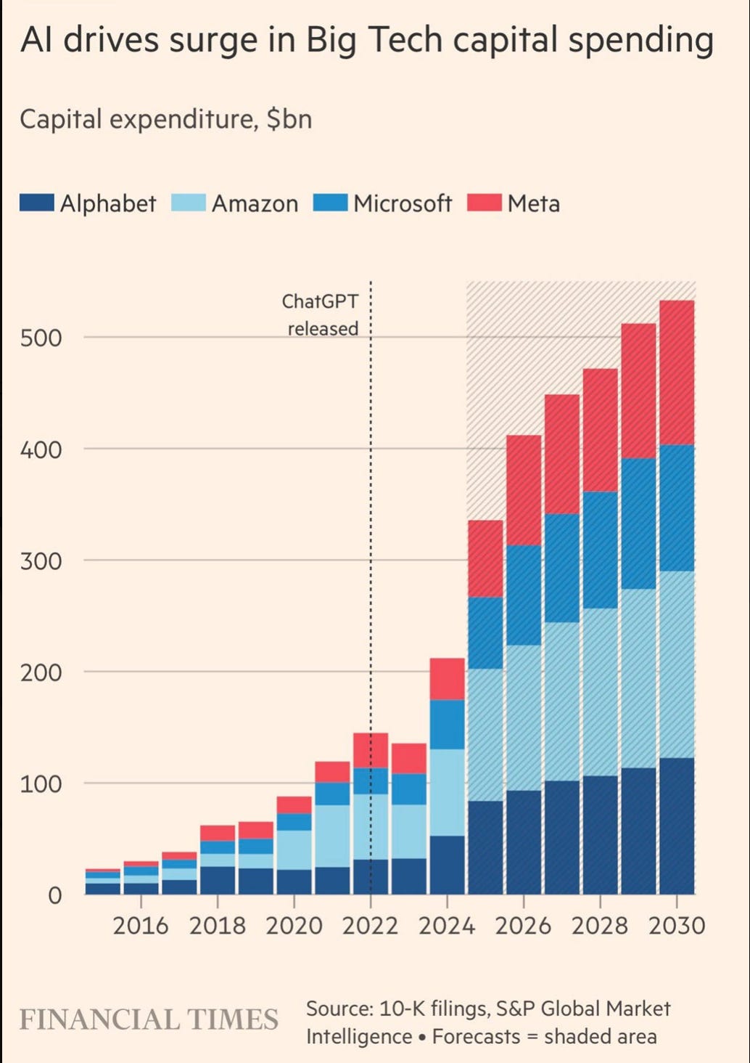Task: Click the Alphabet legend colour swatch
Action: coord(37,203)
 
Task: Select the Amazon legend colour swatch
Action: coord(189,203)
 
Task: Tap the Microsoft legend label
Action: coord(403,203)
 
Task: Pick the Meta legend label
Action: coord(534,203)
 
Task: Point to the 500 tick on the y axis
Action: coord(41,338)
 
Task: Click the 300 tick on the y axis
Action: coord(41,561)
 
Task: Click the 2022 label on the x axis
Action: coord(371,926)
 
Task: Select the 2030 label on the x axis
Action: coord(676,926)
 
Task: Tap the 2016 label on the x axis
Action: coord(141,926)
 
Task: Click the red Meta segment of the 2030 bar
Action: coord(677,372)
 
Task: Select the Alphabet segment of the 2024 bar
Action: coord(447,864)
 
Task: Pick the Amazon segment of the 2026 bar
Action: coord(524,717)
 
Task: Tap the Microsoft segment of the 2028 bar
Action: coord(600,550)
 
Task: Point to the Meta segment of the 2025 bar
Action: coord(485,558)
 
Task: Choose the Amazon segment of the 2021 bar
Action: coord(332,836)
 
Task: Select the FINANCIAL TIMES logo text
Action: coord(149,1019)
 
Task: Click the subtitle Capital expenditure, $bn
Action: coord(166,118)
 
